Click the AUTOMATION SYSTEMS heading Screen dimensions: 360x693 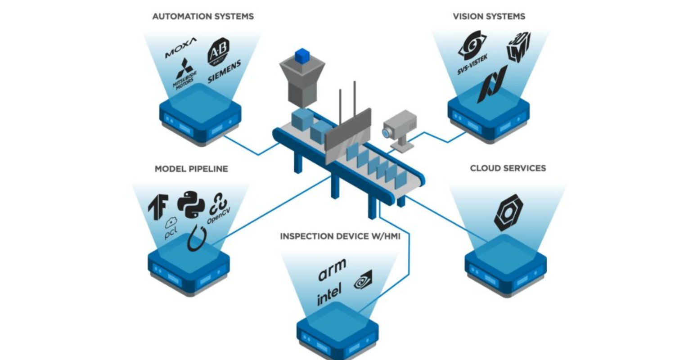coord(203,17)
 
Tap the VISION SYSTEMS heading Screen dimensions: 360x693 coord(489,17)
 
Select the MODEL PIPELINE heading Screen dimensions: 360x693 coord(191,169)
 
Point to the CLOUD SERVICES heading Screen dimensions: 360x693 coord(508,168)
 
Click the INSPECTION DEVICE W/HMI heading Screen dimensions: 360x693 coord(340,236)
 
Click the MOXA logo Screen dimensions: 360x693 coord(180,48)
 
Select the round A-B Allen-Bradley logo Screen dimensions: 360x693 coord(218,52)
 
